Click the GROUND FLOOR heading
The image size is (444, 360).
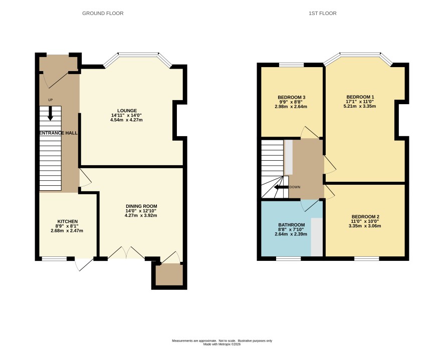(x=103, y=14)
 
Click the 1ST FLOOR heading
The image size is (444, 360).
(x=323, y=14)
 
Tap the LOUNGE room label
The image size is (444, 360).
(x=127, y=111)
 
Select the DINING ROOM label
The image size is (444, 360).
(x=141, y=206)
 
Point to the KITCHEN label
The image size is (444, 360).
(x=67, y=221)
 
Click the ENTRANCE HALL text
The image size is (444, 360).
(x=58, y=133)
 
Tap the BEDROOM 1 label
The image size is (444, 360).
(x=360, y=97)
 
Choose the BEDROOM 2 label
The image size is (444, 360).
(x=365, y=217)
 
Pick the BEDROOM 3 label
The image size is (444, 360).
(x=291, y=97)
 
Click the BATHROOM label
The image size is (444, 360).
(x=291, y=225)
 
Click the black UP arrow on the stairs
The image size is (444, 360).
(x=50, y=113)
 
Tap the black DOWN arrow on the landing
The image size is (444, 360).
(x=281, y=187)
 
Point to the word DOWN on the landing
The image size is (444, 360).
(x=295, y=187)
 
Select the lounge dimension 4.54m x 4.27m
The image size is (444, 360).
(x=126, y=120)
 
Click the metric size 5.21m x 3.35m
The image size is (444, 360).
(x=360, y=106)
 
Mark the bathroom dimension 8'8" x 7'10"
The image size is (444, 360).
(x=291, y=229)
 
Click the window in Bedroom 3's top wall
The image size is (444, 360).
(x=291, y=65)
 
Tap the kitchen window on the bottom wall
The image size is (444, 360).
(x=54, y=258)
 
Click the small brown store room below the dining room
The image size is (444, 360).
(x=169, y=274)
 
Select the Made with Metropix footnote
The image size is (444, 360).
(x=222, y=344)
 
